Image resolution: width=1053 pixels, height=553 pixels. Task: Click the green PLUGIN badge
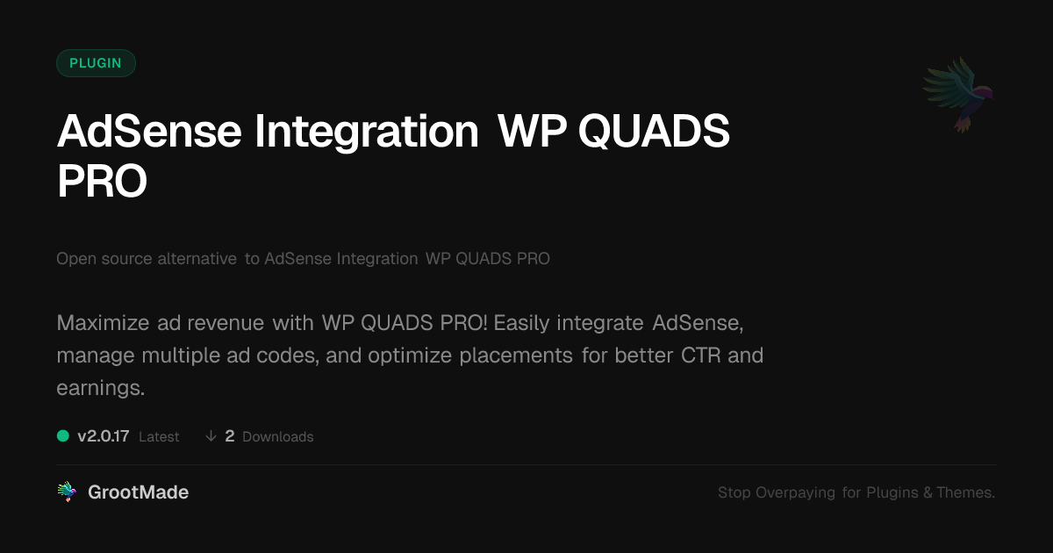(96, 63)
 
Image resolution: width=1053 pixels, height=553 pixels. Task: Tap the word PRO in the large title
(102, 182)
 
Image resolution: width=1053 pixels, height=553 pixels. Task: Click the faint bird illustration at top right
(959, 93)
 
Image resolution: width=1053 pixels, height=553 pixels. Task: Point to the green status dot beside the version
(63, 435)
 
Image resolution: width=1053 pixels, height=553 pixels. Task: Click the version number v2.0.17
(104, 436)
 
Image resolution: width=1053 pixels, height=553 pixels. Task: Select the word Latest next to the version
(159, 437)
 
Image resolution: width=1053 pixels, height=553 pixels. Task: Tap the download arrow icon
(211, 436)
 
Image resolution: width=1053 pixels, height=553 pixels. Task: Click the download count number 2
(230, 436)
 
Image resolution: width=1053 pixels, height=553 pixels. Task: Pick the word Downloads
(277, 437)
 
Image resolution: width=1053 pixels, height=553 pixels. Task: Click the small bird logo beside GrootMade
(67, 492)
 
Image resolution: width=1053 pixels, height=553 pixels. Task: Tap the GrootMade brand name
(138, 492)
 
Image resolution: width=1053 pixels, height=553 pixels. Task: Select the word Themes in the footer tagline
(965, 493)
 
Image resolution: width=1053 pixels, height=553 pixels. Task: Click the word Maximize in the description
(91, 323)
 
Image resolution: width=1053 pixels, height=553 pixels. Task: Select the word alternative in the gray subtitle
(197, 259)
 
